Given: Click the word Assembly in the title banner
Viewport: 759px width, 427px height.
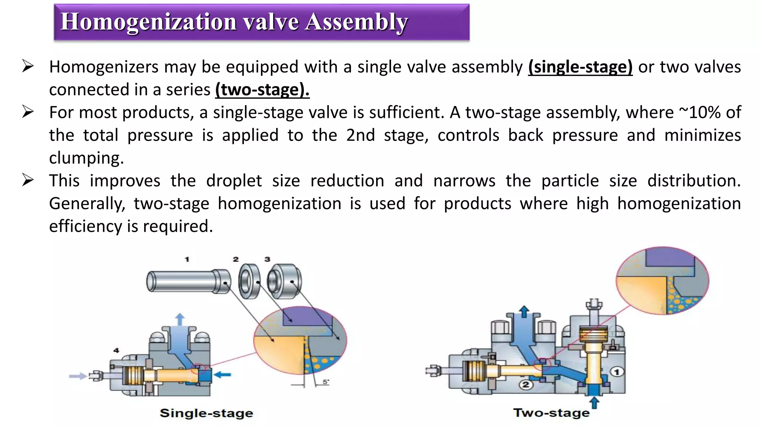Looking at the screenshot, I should (x=356, y=21).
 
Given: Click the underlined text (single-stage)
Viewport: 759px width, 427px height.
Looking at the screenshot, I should (x=580, y=67).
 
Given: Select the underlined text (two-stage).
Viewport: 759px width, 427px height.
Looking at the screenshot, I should (x=262, y=90).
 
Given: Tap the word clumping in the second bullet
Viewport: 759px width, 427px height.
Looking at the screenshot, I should (x=86, y=158).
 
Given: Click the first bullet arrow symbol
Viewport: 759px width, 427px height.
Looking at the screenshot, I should (x=28, y=66).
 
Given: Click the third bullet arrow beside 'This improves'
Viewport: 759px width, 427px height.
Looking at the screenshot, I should (x=28, y=180).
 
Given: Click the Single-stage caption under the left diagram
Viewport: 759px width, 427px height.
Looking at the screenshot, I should (x=206, y=413).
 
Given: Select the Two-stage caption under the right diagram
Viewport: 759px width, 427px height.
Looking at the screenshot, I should (x=551, y=413).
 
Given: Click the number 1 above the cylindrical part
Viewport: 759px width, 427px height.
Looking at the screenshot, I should (x=187, y=259).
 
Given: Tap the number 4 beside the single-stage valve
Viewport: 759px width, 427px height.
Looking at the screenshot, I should (x=116, y=350).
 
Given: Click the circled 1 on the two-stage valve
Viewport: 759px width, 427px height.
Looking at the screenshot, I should (x=617, y=372).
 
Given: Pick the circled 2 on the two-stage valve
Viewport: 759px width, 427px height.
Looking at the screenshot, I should (x=526, y=384).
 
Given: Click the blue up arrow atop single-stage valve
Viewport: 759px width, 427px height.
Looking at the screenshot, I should (x=180, y=320).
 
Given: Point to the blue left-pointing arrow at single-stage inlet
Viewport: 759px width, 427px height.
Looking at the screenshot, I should (x=222, y=375).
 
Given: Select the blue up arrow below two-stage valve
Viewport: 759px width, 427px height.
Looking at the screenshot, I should (x=594, y=403).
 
